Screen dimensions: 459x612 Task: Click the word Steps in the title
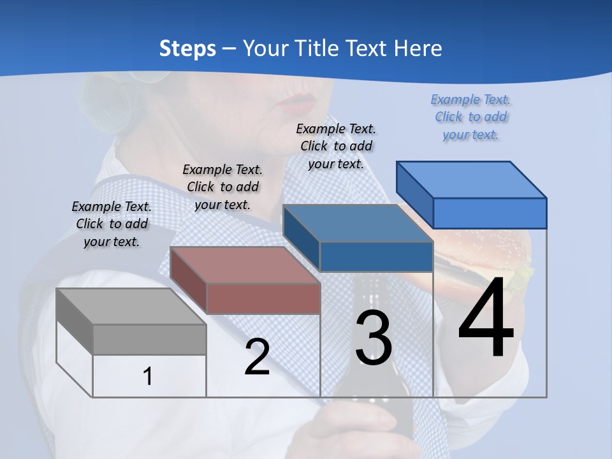coord(187,48)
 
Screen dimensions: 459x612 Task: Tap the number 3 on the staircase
coord(374,338)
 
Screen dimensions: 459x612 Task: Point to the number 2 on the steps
coord(257,357)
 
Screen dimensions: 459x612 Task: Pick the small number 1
coord(147,376)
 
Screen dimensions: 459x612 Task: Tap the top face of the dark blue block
coord(358,223)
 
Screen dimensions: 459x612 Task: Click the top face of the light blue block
coord(472,179)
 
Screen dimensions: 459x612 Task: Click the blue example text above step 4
coord(471,117)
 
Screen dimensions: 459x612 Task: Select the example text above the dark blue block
coord(336,146)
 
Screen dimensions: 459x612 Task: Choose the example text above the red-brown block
coord(222,187)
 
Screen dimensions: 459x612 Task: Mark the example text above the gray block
coord(112,224)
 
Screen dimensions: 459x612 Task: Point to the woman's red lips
coord(298,101)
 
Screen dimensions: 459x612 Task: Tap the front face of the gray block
coord(149,339)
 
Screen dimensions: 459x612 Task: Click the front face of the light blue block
coord(490,213)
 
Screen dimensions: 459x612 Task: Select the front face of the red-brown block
coord(263,298)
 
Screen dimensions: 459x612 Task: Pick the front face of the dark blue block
coord(376,257)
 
